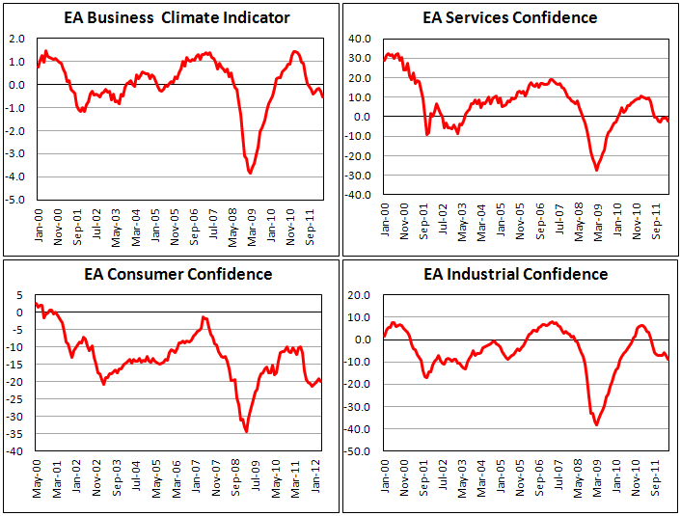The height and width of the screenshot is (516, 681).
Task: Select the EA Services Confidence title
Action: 509,18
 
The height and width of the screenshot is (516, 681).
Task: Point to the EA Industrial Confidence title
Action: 515,274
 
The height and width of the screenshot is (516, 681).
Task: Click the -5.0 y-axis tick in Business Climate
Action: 16,201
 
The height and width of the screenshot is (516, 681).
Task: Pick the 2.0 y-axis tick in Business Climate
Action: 18,39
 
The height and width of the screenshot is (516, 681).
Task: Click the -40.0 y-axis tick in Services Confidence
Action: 360,195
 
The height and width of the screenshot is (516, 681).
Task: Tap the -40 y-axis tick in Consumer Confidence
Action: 16,450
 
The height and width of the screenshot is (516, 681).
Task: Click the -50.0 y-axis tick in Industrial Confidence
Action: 360,451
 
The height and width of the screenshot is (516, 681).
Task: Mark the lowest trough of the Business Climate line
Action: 251,172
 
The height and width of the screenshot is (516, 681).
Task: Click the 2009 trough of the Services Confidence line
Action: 596,170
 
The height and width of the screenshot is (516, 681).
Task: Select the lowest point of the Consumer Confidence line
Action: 246,431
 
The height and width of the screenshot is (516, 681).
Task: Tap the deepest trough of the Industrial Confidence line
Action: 597,424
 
